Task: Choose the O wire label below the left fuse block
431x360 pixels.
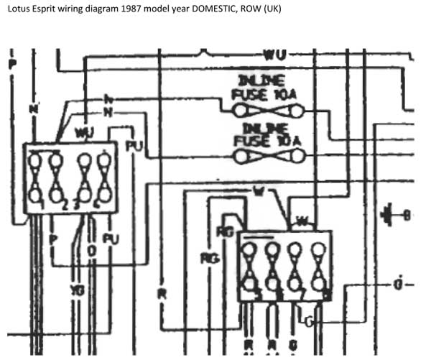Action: click(x=91, y=249)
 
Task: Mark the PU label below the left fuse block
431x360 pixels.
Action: click(x=111, y=238)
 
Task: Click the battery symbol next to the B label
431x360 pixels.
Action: click(x=390, y=213)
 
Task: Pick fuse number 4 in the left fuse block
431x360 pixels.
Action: click(x=106, y=178)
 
